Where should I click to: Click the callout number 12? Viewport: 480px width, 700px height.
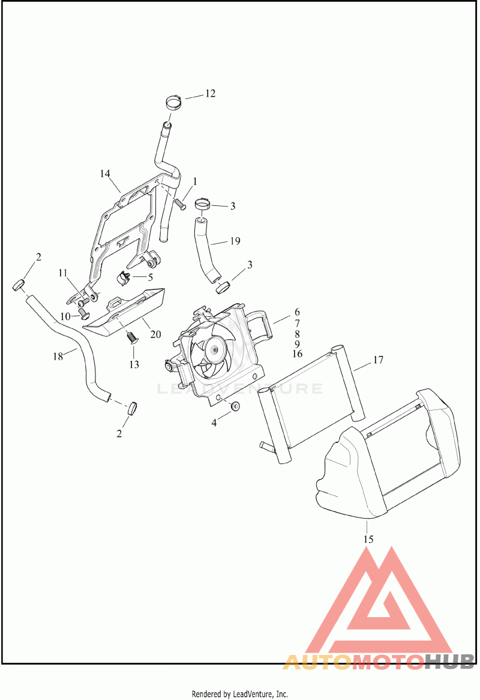tap(210, 93)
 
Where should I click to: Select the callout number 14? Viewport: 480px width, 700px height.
tap(105, 173)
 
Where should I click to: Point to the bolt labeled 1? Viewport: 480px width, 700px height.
tap(180, 204)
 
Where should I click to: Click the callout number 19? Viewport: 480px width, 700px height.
tap(235, 241)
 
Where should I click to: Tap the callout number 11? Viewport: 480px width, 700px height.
tap(62, 273)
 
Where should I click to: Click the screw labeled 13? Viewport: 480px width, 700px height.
tap(131, 337)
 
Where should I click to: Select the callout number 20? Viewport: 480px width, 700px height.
tap(155, 334)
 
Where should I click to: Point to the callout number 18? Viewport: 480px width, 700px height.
tap(58, 356)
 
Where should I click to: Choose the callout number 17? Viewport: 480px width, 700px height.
tap(378, 360)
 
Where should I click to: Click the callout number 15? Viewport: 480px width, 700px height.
tap(368, 539)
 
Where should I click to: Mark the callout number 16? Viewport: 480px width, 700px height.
tap(297, 354)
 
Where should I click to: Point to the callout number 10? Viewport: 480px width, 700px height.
tap(65, 316)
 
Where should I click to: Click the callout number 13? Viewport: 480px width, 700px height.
tap(134, 364)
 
